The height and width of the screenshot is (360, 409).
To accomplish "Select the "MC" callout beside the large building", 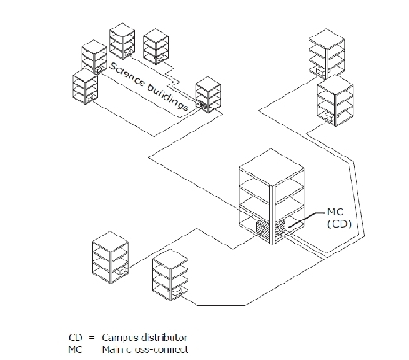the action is [335, 212].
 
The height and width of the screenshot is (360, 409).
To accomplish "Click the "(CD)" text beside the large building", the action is [340, 224].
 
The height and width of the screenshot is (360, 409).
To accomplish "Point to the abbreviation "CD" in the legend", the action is [75, 338].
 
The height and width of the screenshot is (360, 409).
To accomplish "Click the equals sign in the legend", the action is [92, 338].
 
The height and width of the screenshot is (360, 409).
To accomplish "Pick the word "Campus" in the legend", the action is [120, 338].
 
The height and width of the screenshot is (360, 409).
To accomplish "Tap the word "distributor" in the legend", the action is [164, 338].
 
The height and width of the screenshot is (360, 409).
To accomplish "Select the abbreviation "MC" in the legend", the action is [75, 349].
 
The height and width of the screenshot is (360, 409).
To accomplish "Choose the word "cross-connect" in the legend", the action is [157, 349].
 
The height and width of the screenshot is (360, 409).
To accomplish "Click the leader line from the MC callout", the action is [306, 220].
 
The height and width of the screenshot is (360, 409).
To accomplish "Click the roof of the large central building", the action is [272, 168].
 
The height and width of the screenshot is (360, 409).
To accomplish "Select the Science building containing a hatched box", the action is [208, 94].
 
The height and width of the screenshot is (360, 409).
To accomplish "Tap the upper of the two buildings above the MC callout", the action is [326, 54].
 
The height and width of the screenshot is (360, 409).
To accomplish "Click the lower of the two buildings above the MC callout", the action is [335, 100].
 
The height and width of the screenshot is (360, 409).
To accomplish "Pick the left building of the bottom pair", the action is [110, 258].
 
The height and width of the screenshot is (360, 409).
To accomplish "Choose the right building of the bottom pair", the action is [170, 275].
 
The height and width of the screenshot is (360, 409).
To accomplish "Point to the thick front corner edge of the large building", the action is [272, 215].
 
